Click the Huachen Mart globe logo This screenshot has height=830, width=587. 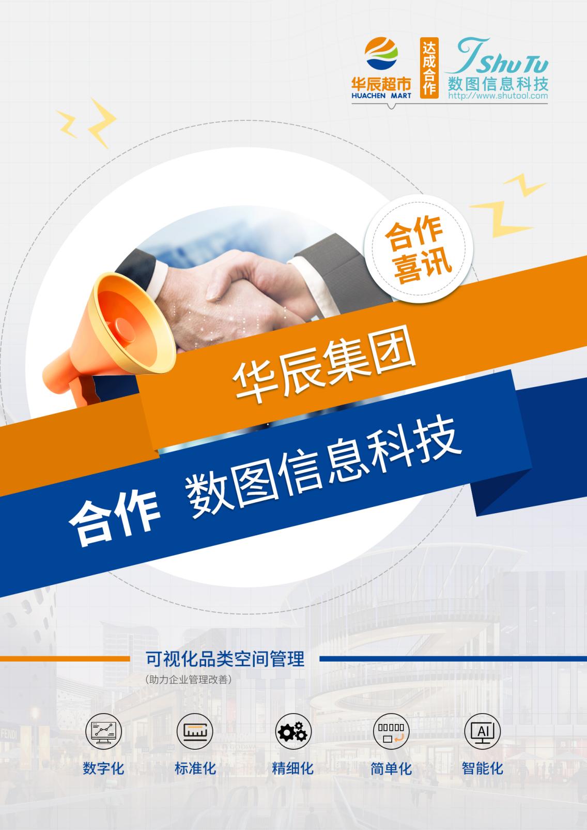(381, 53)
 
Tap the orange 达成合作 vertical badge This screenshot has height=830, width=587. (429, 68)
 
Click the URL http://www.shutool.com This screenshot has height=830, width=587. (498, 96)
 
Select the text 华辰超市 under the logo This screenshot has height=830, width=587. (381, 84)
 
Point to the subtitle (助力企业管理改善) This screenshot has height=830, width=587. (189, 680)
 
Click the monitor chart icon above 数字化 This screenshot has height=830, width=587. (104, 732)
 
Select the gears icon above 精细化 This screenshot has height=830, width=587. (293, 732)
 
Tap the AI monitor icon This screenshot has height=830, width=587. (482, 732)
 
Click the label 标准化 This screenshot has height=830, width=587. (195, 768)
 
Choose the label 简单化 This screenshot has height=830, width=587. (391, 768)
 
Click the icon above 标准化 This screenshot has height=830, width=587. (195, 732)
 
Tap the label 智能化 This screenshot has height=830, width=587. (482, 768)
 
